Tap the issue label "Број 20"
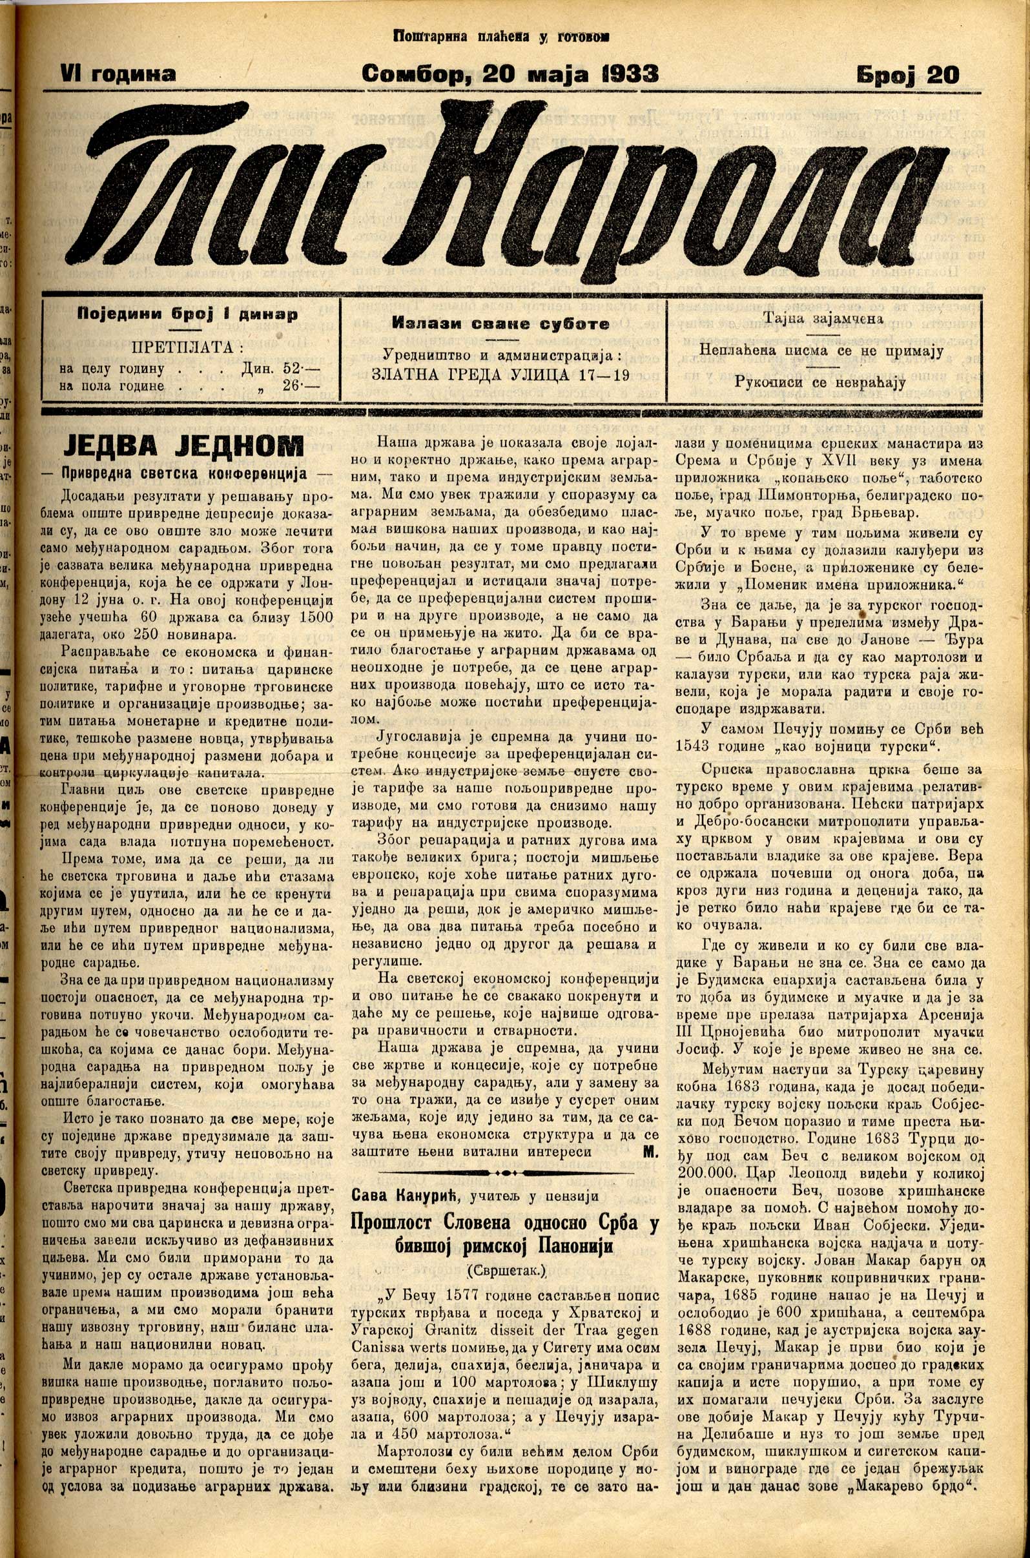click(x=907, y=76)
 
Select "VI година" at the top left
click(x=118, y=74)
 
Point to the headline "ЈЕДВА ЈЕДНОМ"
click(x=184, y=446)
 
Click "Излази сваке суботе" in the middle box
click(x=500, y=324)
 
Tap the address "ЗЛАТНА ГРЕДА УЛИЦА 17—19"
click(x=500, y=376)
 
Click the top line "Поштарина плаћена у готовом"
click(x=500, y=37)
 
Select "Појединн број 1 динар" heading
click(x=187, y=314)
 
